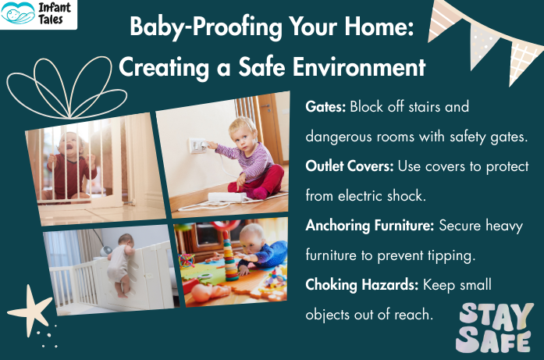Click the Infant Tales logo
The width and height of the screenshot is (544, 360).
(x=39, y=14)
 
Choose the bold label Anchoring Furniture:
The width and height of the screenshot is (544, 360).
(x=370, y=226)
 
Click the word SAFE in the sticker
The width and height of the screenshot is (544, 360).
(x=495, y=340)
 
